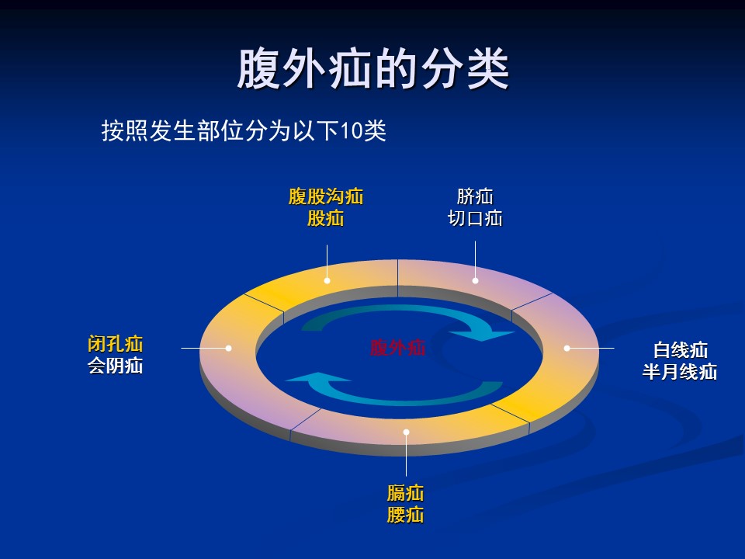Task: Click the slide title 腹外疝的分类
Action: (373, 69)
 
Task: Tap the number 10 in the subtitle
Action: (352, 130)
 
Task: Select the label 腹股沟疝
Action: (326, 196)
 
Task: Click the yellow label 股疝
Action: (326, 218)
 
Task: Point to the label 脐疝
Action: (475, 196)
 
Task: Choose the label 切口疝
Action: (475, 218)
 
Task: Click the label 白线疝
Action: (681, 350)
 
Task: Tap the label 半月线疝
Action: (680, 372)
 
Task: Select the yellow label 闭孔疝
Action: (116, 344)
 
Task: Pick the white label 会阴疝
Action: (116, 366)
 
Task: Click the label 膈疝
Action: (405, 493)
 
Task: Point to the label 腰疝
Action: (405, 515)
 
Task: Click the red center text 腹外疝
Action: (397, 348)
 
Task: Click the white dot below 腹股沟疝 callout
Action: (327, 280)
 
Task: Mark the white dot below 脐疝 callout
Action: (475, 280)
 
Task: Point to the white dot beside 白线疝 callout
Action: (567, 348)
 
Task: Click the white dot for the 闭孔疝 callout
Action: (228, 348)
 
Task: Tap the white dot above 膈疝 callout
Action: (406, 432)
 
